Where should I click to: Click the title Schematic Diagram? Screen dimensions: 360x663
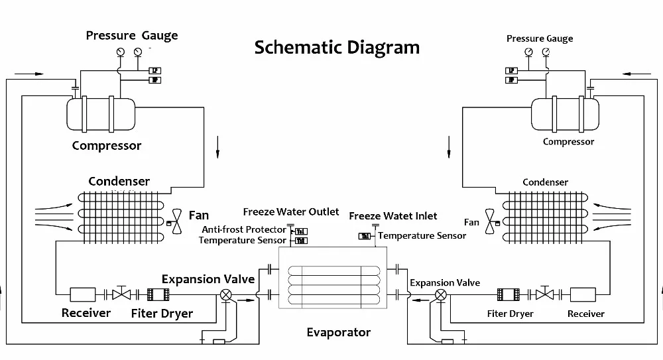coord(337,48)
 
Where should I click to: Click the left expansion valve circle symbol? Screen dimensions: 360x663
coord(226,295)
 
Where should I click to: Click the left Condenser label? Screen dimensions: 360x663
coord(119,181)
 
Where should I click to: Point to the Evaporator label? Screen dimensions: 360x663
coord(338,332)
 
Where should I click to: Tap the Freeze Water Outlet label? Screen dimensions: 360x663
coord(290,212)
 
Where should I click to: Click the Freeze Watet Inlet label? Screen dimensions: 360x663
coord(393,216)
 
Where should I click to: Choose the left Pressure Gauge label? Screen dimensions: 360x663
coord(131,35)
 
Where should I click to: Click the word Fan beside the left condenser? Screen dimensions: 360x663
coord(199,215)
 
